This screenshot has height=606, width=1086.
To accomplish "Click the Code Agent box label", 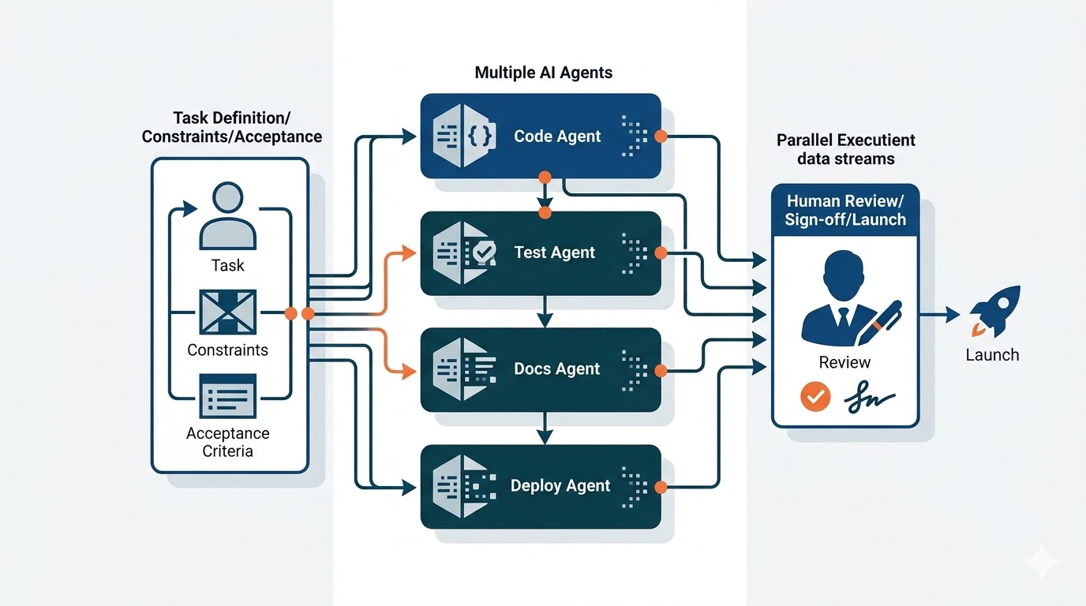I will (557, 137).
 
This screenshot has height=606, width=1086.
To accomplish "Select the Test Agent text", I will (554, 252).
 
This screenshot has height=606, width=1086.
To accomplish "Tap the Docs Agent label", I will (556, 369).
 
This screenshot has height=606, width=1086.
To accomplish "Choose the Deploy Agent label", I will (560, 486).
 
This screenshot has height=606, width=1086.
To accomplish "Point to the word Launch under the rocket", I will (992, 355).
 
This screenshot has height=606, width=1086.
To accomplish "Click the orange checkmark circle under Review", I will (815, 397).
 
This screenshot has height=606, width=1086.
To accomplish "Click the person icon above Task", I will (228, 216).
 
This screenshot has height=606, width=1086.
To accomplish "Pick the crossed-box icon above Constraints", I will (228, 312).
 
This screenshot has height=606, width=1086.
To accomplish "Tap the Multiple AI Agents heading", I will (543, 73).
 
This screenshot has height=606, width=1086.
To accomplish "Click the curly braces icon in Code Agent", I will (480, 137).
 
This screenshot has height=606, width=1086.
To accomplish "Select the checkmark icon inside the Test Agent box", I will (484, 252).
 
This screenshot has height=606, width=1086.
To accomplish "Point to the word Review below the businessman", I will (844, 363).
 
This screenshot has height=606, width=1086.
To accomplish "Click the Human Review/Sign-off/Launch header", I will (844, 211).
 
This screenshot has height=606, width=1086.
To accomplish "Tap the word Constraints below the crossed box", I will (228, 350).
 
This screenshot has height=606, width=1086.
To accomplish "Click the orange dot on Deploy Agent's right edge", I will (661, 486).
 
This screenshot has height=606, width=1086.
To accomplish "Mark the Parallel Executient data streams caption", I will (845, 149).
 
